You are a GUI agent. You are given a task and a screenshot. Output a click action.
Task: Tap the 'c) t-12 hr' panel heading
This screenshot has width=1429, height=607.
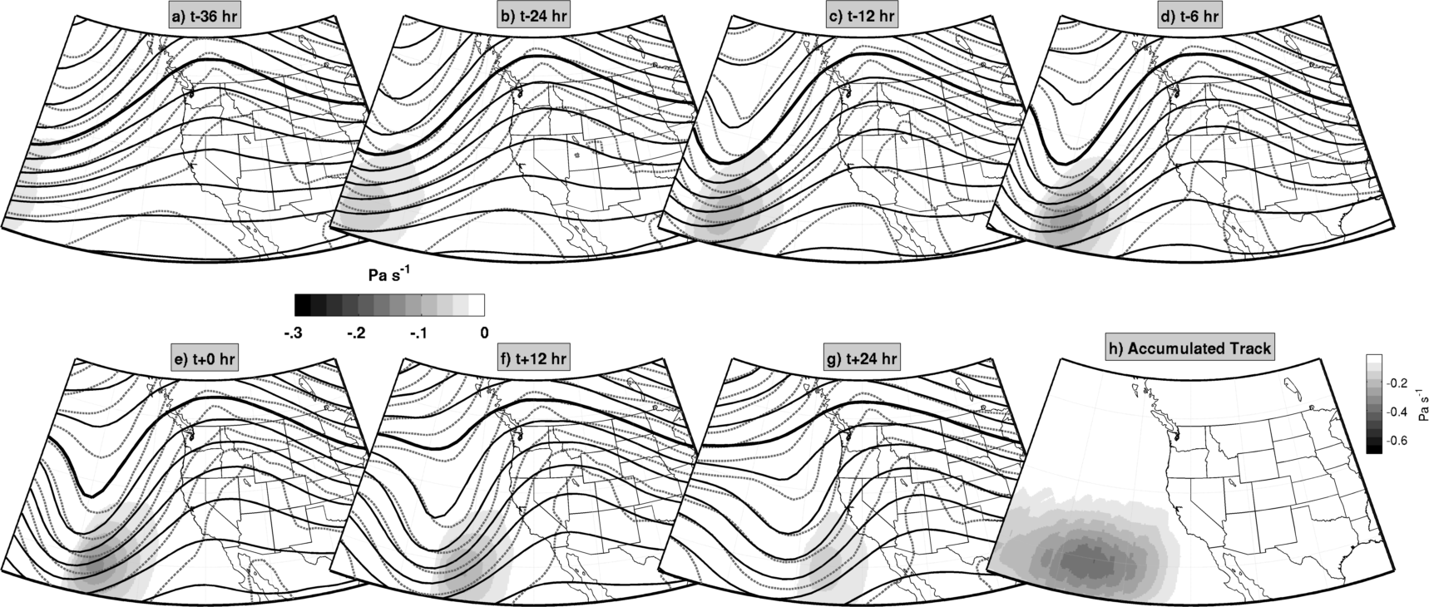863,17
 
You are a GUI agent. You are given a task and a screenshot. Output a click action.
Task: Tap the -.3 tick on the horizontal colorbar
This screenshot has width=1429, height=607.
292,333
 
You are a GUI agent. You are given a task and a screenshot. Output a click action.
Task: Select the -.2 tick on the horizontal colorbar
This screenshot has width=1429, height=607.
355,333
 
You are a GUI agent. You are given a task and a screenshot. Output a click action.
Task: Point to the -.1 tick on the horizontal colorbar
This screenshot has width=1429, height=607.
418,333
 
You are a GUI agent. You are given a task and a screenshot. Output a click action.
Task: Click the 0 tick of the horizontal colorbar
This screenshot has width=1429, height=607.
484,333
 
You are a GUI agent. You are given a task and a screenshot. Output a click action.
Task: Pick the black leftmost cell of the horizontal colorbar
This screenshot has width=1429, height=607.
303,305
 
